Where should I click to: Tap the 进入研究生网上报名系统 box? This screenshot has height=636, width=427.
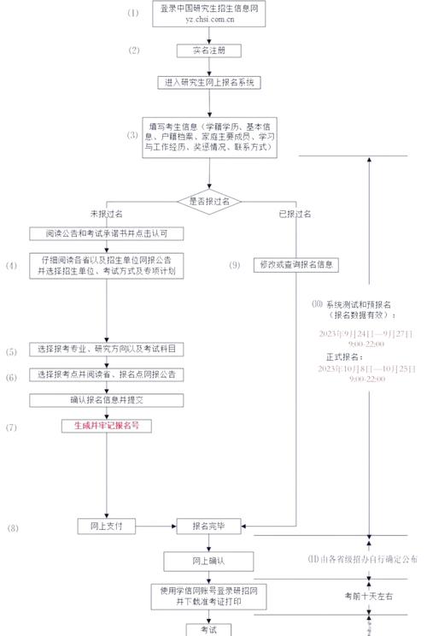click(208, 83)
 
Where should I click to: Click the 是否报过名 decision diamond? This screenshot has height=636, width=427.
click(209, 199)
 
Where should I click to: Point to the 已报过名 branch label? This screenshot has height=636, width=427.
click(295, 213)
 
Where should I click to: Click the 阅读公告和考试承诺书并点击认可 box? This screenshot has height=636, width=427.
click(107, 233)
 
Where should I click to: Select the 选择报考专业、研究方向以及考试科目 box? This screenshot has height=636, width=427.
click(107, 350)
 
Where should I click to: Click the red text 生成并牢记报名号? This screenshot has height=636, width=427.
click(107, 425)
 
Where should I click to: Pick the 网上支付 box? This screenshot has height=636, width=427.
click(107, 526)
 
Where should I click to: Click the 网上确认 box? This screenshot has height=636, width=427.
click(209, 560)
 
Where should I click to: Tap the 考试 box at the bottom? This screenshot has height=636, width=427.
click(209, 629)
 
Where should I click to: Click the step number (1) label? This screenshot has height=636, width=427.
click(132, 13)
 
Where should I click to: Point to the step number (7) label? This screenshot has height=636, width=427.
click(11, 426)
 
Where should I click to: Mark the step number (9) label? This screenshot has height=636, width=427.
click(235, 265)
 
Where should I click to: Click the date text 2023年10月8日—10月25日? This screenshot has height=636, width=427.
click(367, 368)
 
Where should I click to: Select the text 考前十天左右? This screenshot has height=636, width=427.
click(369, 595)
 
